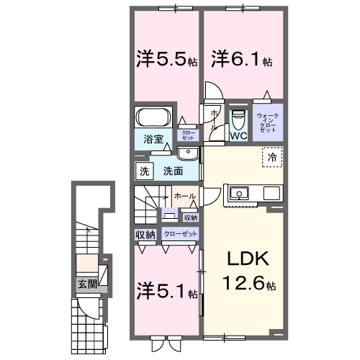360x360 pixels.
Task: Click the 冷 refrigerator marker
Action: tap(272, 156)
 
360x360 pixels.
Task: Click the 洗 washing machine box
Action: tap(144, 171)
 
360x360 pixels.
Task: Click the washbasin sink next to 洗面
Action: tap(188, 153)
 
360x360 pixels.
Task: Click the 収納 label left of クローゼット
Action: tap(145, 235)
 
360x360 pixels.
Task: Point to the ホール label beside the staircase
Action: tap(182, 195)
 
